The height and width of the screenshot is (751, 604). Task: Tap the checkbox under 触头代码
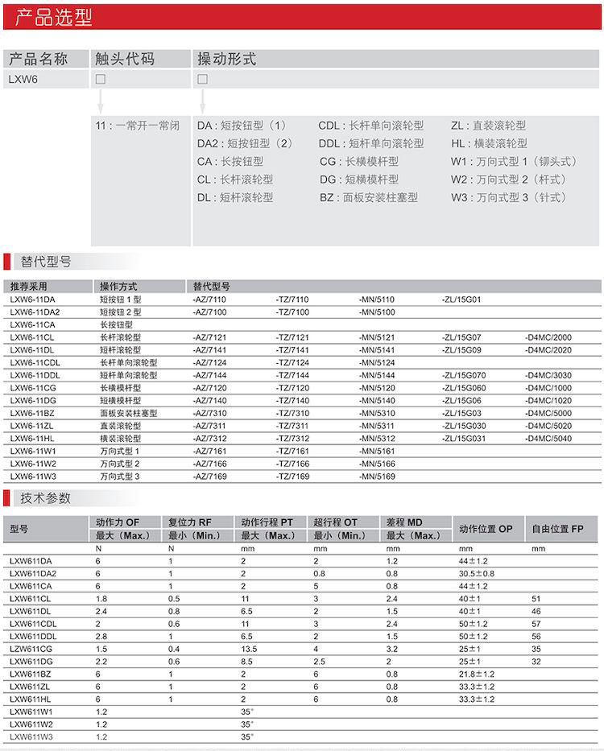[101, 79]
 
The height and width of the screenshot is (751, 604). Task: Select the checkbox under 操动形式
[202, 79]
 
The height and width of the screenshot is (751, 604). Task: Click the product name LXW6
[23, 79]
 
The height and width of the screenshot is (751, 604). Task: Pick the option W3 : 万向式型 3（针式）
[509, 197]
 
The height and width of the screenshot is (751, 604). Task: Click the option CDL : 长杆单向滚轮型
[370, 126]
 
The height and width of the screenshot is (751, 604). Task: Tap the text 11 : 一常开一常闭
[137, 126]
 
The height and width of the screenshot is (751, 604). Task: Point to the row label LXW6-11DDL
[35, 375]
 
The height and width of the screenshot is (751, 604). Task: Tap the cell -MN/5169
[377, 476]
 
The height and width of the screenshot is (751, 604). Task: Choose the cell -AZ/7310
[210, 413]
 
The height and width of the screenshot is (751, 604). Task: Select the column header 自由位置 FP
[556, 529]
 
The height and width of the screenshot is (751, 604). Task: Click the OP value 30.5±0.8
[477, 573]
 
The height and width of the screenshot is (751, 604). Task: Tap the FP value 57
[536, 624]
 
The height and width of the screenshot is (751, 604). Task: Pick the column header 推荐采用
[29, 286]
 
